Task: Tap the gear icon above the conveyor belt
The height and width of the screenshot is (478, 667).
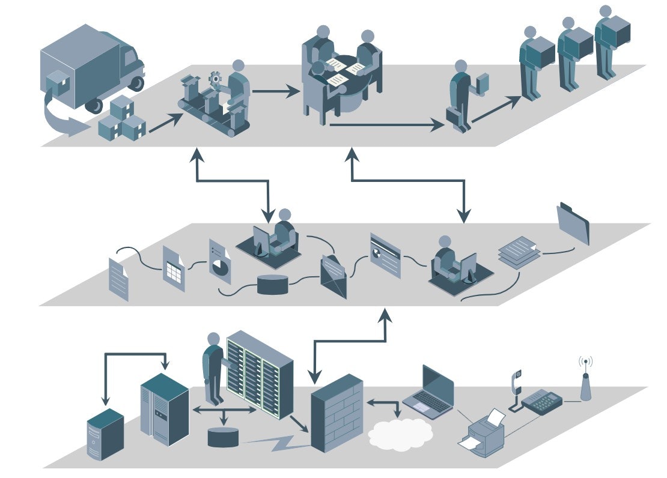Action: pos(215,78)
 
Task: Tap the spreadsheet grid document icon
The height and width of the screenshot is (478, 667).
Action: pos(174,268)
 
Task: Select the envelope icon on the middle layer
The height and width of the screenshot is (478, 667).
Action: pos(334,277)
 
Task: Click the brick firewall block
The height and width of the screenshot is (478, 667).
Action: pos(337,414)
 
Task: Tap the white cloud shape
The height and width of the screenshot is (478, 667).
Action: pos(400,433)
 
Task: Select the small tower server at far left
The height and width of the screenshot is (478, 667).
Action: pos(105,435)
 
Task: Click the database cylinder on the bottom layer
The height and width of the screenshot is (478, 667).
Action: pos(223,437)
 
